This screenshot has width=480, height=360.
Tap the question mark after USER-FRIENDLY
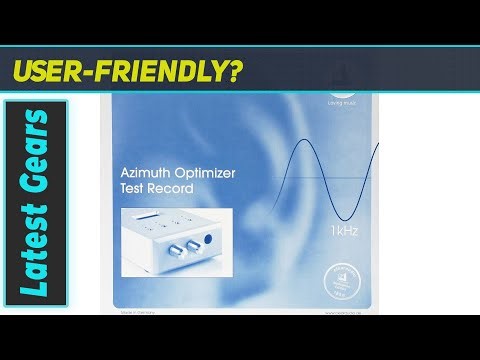point(235,71)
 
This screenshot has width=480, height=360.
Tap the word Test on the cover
point(134,188)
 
